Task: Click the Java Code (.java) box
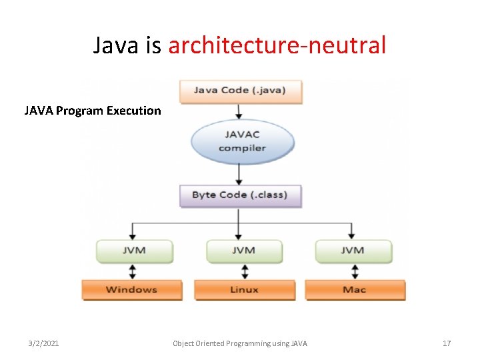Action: (240, 91)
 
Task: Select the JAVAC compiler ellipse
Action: (241, 141)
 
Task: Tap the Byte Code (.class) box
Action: (239, 195)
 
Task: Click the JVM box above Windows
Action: (134, 251)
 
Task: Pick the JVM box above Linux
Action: (243, 251)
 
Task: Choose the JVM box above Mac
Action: (353, 251)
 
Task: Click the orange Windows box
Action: (131, 290)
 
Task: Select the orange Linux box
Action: (244, 290)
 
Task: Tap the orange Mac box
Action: (355, 290)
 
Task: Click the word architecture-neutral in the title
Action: (277, 45)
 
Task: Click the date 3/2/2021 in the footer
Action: (43, 343)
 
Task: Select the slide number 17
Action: (447, 343)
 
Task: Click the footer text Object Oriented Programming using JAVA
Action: (240, 343)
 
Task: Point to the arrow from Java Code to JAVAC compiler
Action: (239, 112)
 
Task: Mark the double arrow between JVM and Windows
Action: (133, 271)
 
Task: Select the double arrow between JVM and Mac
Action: (355, 271)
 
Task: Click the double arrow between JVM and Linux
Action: (245, 271)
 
